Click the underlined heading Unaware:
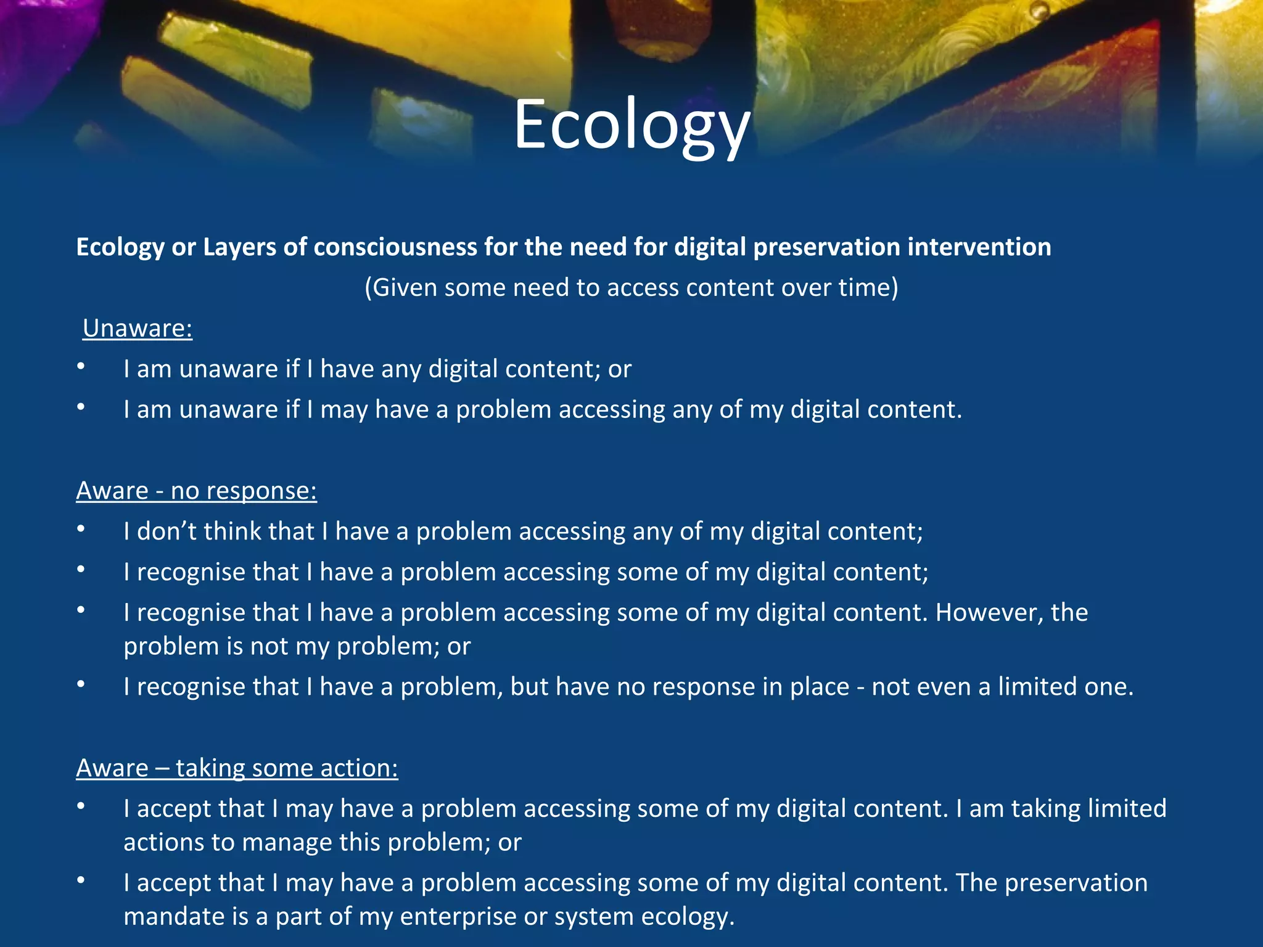point(138,329)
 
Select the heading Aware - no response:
point(196,491)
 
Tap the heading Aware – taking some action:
point(237,768)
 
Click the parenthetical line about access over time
point(631,288)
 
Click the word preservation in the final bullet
point(1076,883)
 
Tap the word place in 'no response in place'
point(821,687)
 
